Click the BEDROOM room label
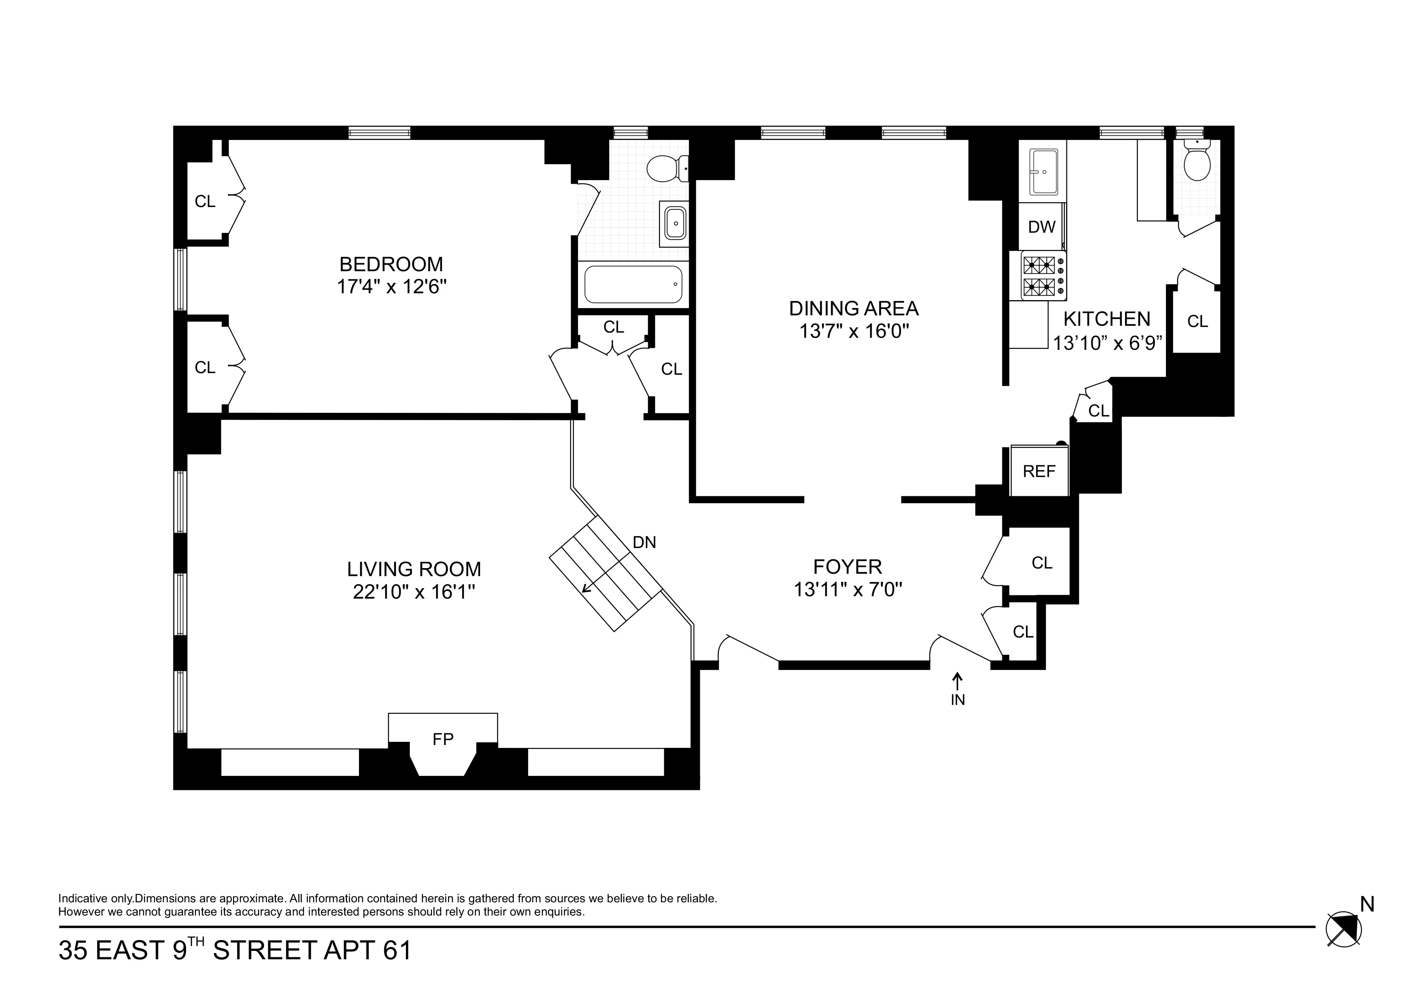click(x=391, y=264)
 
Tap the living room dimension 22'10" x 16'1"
click(x=414, y=592)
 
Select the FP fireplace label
click(x=442, y=739)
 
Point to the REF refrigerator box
click(x=1039, y=471)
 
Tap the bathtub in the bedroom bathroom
click(x=633, y=284)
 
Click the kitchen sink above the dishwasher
click(x=1043, y=172)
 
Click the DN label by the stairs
click(x=644, y=542)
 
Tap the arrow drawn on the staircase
click(x=590, y=585)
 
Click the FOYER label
click(x=847, y=566)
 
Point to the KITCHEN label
click(x=1107, y=319)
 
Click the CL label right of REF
click(x=1099, y=411)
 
